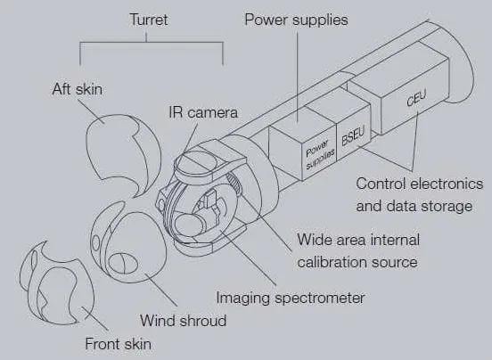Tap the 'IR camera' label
pos(203,112)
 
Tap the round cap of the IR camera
pos(192,162)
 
